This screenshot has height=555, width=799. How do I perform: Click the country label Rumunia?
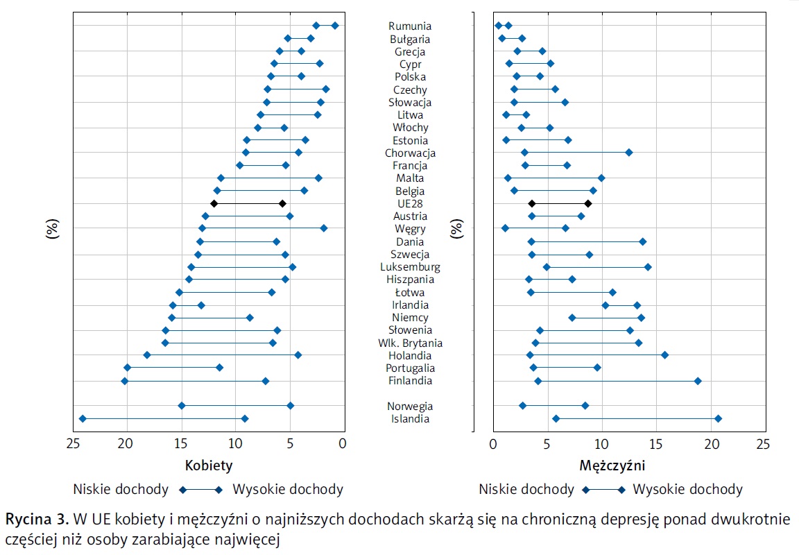410,26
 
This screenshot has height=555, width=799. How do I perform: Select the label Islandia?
410,419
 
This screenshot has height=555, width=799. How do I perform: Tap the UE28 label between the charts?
410,204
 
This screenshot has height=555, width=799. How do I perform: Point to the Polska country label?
410,77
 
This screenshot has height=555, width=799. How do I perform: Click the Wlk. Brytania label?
410,343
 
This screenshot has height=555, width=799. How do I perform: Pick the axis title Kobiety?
208,466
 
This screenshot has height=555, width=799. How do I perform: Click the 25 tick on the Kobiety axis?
72,444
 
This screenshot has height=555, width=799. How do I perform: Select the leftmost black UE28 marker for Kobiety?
214,203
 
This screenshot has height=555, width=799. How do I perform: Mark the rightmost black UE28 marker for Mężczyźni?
588,203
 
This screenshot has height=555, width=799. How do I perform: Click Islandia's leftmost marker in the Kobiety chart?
83,418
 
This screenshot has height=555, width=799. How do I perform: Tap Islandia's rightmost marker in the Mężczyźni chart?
718,418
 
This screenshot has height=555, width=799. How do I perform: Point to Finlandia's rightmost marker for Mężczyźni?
698,381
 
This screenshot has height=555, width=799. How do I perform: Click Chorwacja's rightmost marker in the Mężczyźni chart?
629,152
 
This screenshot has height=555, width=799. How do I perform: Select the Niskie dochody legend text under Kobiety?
122,490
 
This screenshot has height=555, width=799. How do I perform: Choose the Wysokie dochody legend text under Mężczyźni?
688,490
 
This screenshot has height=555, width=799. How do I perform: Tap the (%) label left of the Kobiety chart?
52,229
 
